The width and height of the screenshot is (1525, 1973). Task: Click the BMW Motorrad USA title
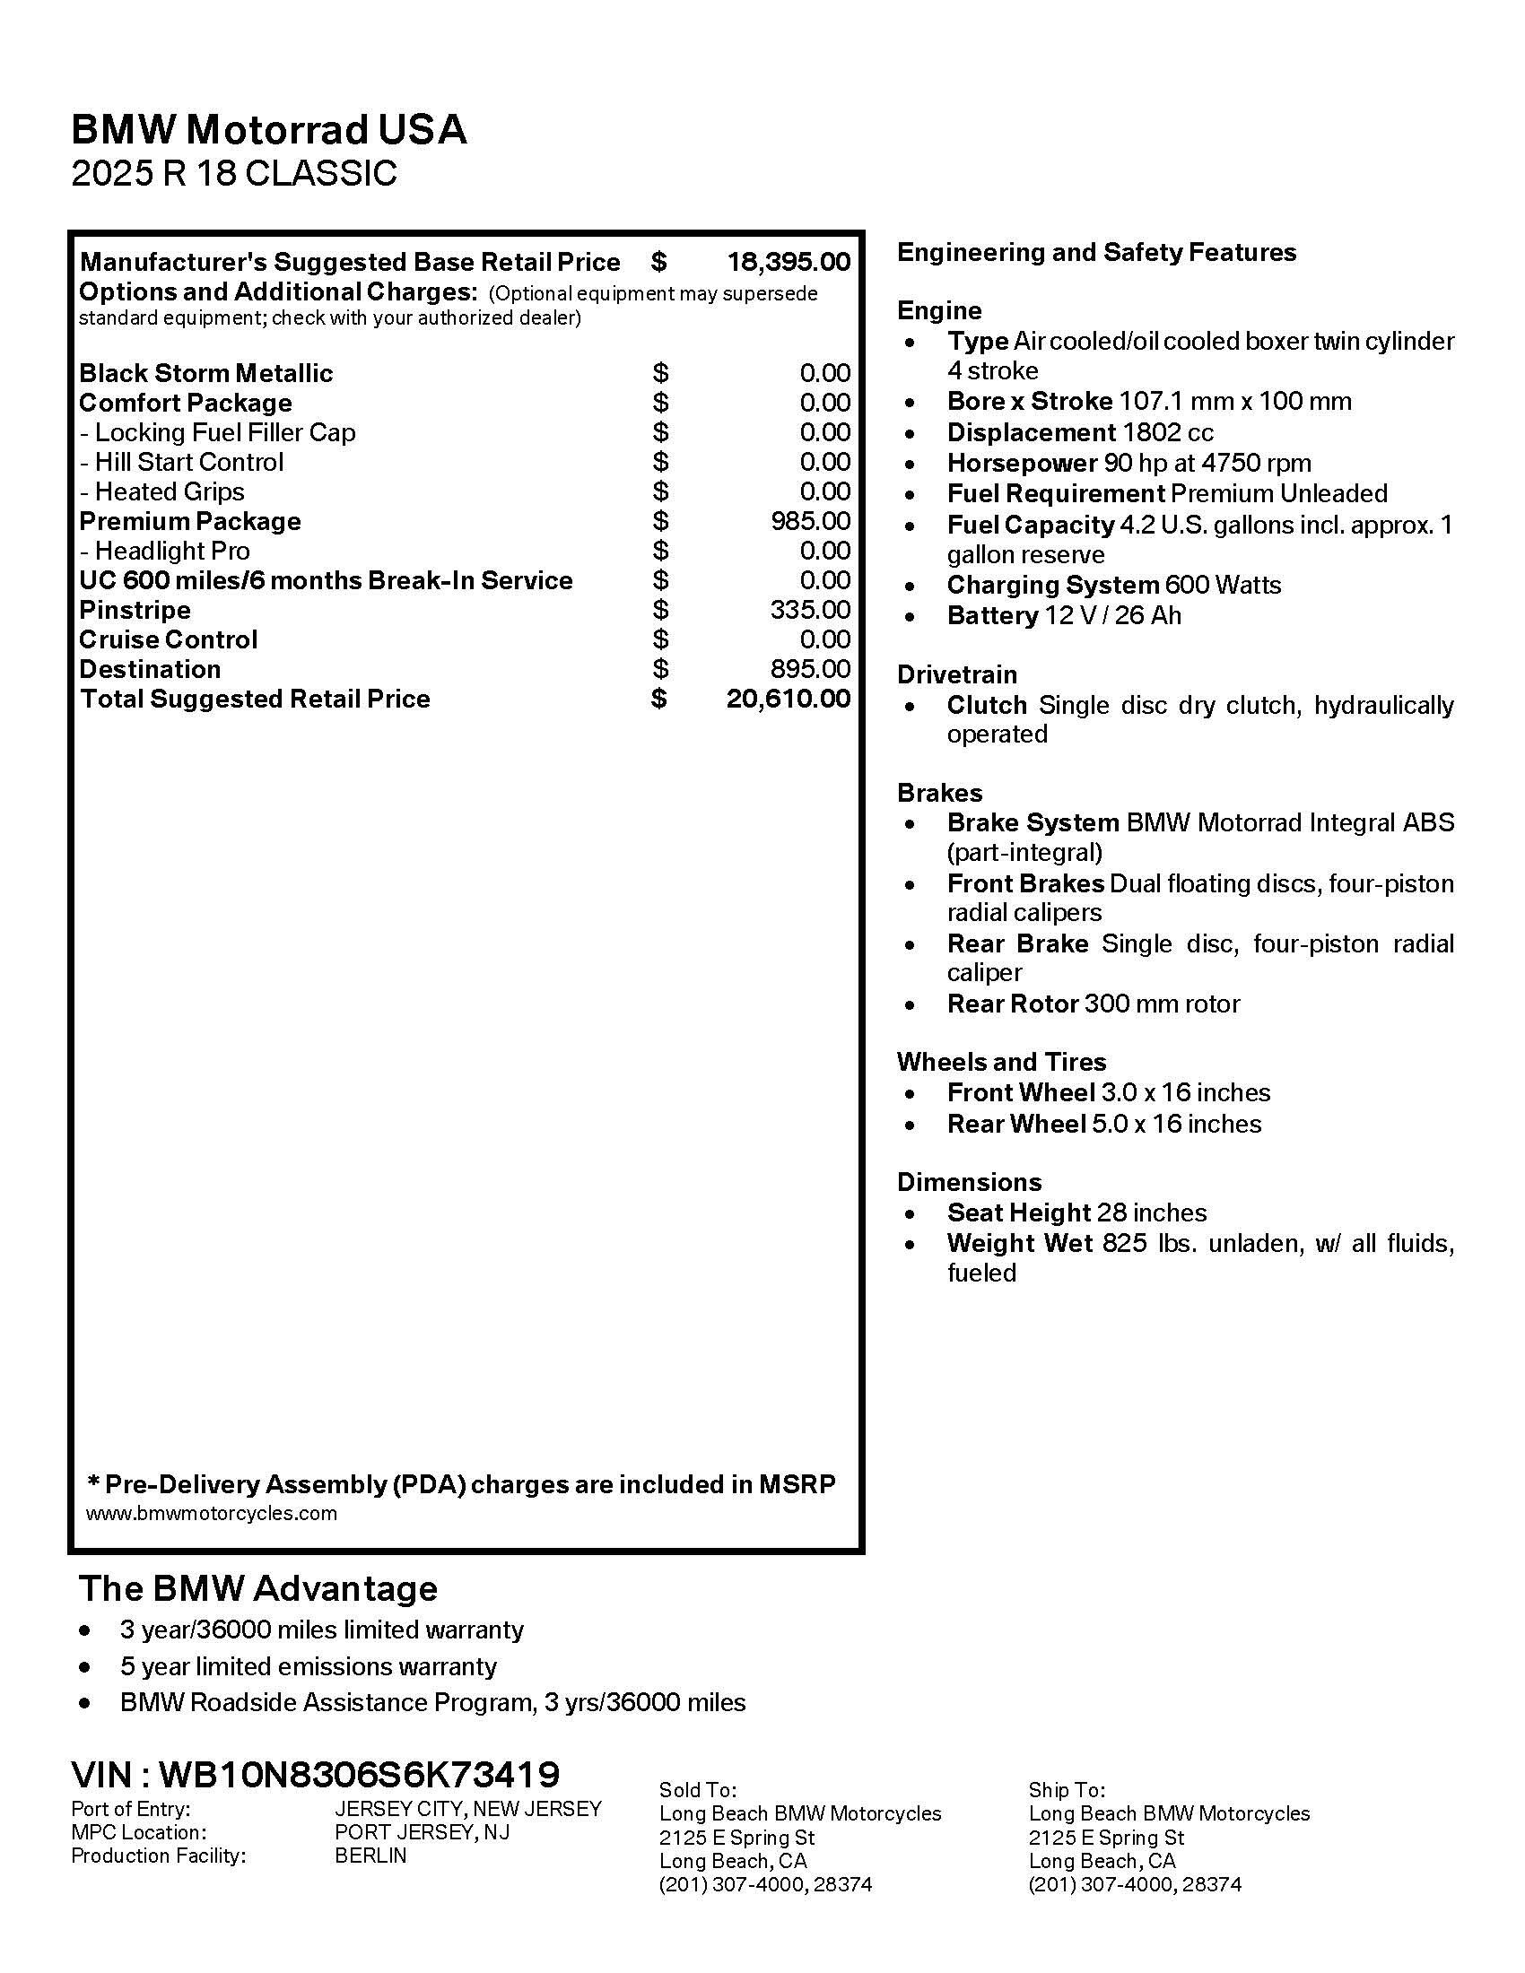tap(268, 130)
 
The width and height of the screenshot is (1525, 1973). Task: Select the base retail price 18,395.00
tap(789, 262)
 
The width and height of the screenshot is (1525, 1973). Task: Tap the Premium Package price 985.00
tap(810, 521)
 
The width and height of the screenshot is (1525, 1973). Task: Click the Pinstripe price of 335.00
tap(810, 610)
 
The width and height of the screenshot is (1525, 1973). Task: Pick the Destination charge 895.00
tap(810, 669)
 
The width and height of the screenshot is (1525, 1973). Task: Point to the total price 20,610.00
tap(788, 700)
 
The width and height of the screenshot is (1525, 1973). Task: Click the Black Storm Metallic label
tap(206, 373)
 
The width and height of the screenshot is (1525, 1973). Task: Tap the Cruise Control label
tap(168, 640)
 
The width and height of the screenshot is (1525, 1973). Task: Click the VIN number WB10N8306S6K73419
tap(360, 1775)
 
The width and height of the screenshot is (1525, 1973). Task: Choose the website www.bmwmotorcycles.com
tap(212, 1513)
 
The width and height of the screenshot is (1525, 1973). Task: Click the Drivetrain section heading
tap(957, 674)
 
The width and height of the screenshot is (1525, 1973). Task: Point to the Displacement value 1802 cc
tap(1168, 433)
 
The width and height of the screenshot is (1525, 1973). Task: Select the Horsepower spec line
tap(1128, 464)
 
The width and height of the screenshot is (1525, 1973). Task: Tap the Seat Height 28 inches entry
tap(1076, 1212)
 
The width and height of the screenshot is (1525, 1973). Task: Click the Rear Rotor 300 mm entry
tap(1094, 1004)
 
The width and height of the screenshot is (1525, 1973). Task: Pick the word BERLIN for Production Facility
tap(370, 1856)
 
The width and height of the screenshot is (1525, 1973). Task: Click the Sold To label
tap(697, 1790)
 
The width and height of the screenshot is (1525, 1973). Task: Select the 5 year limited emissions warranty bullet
tap(308, 1666)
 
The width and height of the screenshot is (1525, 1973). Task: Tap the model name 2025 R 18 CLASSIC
tap(234, 173)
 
